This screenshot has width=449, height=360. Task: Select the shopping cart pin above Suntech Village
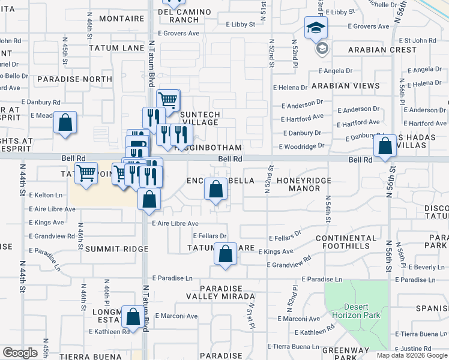point(168,98)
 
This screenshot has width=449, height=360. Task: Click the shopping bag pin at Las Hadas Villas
point(384,145)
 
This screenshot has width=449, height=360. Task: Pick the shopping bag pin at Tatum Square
point(226,253)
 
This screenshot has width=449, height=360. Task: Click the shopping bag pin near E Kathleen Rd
point(131,316)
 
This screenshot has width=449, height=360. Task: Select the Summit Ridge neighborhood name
point(116,248)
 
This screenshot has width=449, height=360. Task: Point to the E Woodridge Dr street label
point(301,146)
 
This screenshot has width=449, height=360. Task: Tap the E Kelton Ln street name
point(46,195)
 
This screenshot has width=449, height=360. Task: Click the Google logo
point(20,353)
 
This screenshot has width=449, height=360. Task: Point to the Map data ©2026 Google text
point(411,355)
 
